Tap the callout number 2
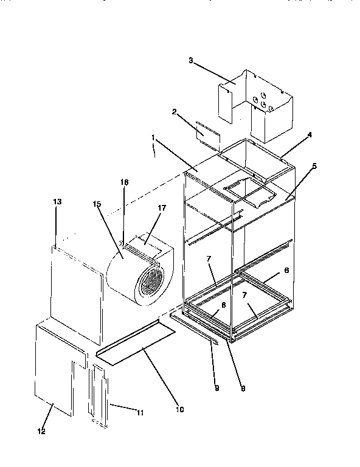174,112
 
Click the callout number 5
314,165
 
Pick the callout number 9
216,387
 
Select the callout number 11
140,412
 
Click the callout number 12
41,432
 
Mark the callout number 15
97,204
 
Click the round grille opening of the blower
150,285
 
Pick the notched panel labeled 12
55,371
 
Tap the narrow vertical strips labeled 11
99,395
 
